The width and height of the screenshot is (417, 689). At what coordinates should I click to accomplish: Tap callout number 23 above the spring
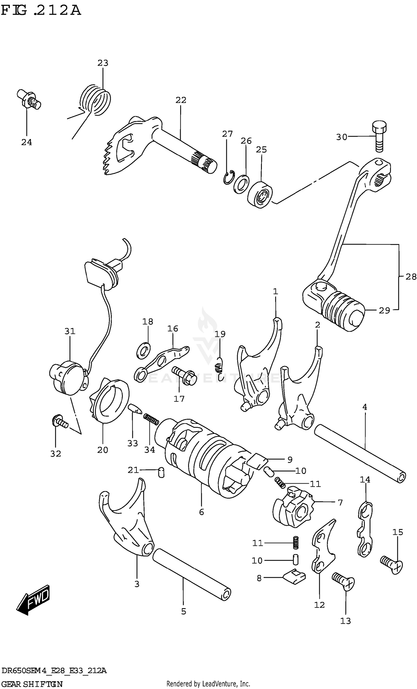(x=103, y=63)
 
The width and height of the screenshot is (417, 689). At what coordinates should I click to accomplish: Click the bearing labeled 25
(x=260, y=194)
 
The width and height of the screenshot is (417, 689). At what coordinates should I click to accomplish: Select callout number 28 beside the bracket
(x=410, y=277)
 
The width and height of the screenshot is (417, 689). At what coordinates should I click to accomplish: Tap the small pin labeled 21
(x=161, y=472)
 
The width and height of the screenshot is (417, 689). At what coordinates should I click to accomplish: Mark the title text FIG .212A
(x=41, y=10)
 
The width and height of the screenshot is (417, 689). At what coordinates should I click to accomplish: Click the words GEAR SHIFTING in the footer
(x=32, y=684)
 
